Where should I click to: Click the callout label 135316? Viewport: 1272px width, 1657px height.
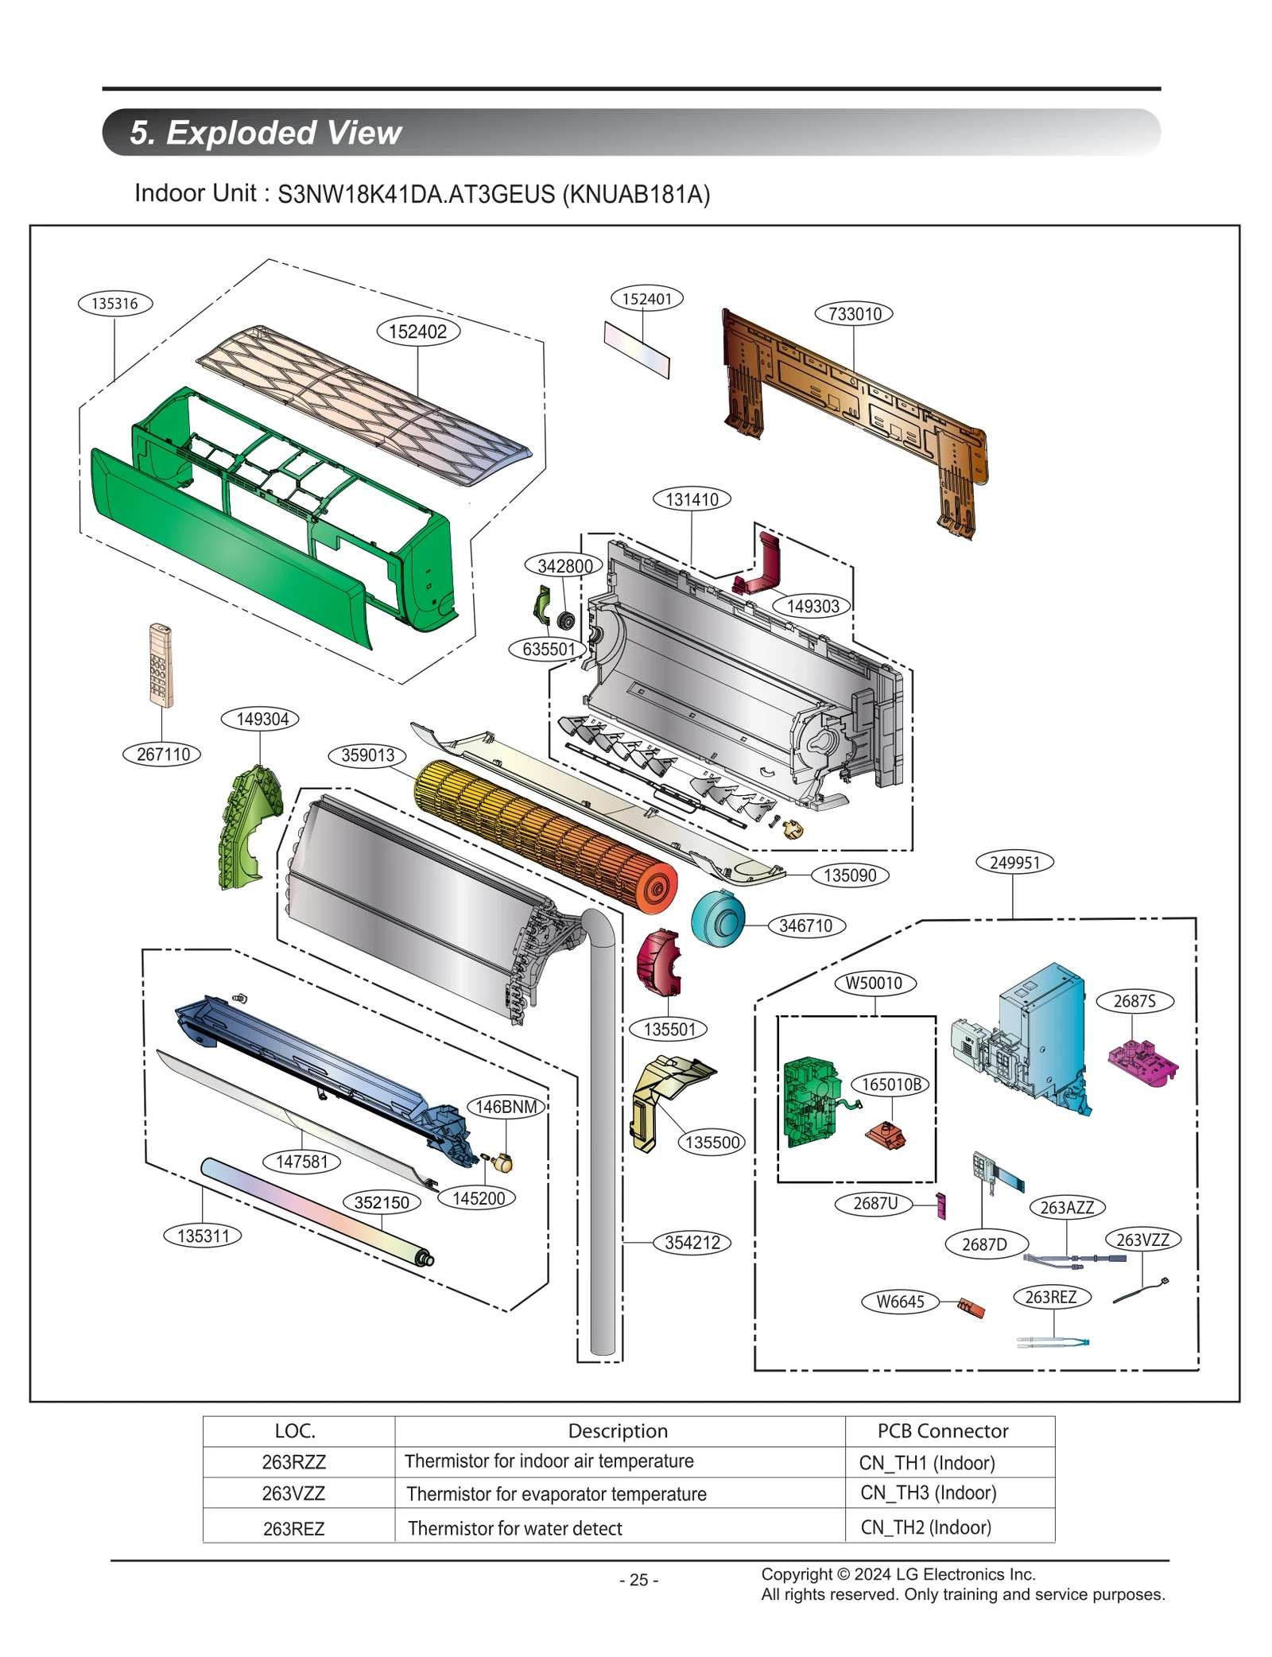click(x=115, y=303)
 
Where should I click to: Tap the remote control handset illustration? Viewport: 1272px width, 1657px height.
click(x=161, y=665)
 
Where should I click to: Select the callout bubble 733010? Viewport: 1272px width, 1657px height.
click(x=853, y=313)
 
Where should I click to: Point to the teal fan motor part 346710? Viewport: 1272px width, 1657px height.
click(x=718, y=918)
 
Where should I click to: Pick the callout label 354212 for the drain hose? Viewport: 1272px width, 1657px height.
click(x=692, y=1242)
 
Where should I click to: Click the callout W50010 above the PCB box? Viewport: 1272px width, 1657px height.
click(x=874, y=983)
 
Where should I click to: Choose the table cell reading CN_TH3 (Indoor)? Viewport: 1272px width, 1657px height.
click(x=928, y=1492)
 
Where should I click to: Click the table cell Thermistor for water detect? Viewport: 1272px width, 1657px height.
click(x=514, y=1527)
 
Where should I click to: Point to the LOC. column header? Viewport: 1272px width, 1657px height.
click(x=295, y=1430)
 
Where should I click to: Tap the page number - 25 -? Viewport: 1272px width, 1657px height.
click(x=638, y=1580)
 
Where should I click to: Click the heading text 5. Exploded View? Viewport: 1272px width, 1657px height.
click(x=266, y=132)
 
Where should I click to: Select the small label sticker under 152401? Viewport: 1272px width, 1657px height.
click(x=637, y=350)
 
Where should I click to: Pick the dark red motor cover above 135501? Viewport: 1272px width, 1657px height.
click(x=658, y=961)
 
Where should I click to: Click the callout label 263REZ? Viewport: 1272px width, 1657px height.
click(x=1051, y=1297)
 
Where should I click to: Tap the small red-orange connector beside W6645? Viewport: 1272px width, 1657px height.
click(x=971, y=1307)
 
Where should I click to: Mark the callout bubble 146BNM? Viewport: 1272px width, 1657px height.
click(x=506, y=1106)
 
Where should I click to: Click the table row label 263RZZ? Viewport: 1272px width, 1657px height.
click(x=294, y=1461)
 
